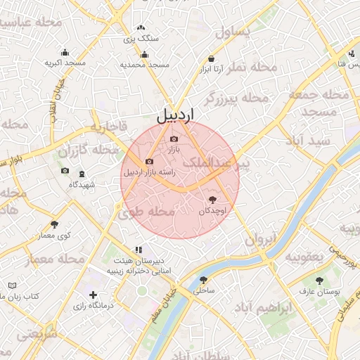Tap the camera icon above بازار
pos(174,139)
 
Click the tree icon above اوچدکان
pos(214,200)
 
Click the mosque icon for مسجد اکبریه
pos(65,52)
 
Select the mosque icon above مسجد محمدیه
pos(145,54)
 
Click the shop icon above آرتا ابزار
pos(211,59)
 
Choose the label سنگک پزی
pos(141,39)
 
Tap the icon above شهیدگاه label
pos(82,174)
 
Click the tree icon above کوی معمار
pos(54,224)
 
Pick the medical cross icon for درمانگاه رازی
pos(93,295)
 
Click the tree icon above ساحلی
pos(203,280)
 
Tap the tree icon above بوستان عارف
pos(320,280)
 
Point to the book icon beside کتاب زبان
pos(11,285)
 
